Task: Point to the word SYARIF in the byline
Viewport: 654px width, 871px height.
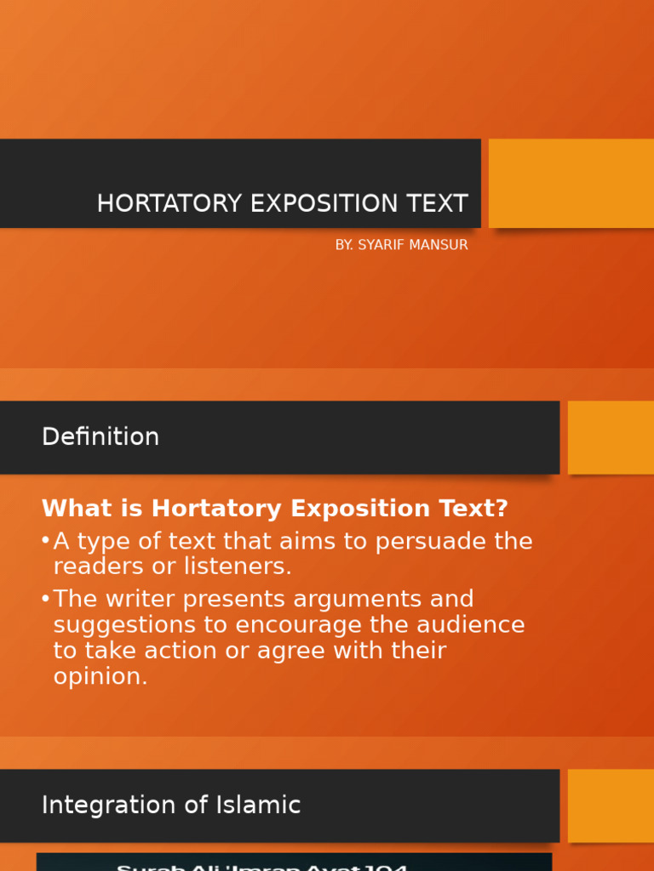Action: point(380,245)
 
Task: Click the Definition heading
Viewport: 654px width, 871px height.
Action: point(100,437)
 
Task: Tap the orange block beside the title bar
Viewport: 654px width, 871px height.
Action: point(571,183)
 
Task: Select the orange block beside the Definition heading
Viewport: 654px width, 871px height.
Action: point(611,437)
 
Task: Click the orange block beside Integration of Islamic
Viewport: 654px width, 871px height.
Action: point(611,805)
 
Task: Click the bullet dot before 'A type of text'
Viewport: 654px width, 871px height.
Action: point(45,542)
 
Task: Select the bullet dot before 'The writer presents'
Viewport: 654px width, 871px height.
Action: point(45,599)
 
